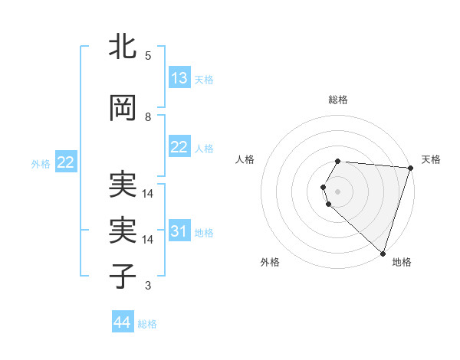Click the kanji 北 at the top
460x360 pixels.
point(123,47)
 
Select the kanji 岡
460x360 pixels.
point(123,109)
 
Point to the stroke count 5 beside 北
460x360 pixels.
point(147,56)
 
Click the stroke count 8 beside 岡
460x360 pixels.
point(147,117)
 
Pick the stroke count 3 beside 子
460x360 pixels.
point(147,286)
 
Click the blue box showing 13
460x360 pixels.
point(179,78)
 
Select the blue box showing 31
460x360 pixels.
point(179,231)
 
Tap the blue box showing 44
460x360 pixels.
point(123,322)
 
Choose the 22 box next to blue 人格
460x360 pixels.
point(179,147)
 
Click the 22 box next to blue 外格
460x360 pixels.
point(65,162)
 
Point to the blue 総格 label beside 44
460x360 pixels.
point(147,324)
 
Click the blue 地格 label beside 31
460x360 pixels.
point(204,232)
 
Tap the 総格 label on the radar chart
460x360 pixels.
point(337,100)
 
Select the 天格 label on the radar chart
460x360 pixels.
point(431,159)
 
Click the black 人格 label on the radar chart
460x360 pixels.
point(245,159)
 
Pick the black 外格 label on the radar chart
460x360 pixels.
point(270,262)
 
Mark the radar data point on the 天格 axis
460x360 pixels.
point(410,167)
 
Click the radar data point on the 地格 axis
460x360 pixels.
point(383,253)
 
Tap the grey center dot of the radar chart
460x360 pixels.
point(337,189)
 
